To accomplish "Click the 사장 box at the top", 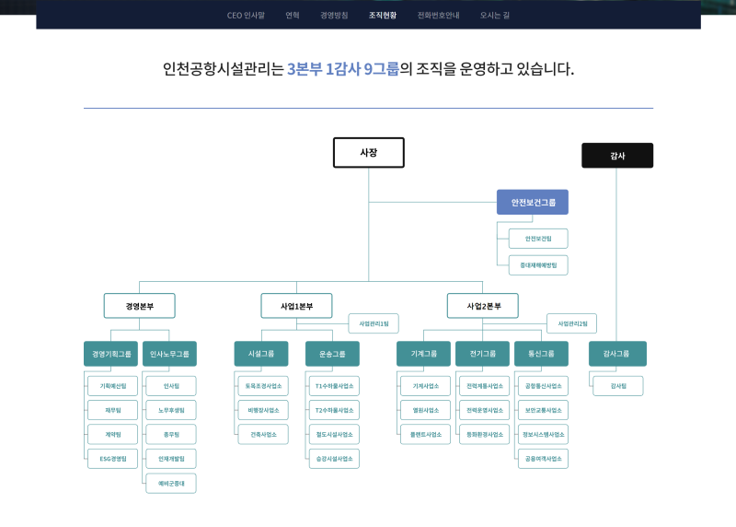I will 368,152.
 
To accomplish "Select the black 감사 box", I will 617,156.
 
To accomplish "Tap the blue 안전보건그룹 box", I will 533,202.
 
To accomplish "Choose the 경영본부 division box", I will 140,306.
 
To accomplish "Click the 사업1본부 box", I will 296,306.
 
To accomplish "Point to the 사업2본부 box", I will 483,306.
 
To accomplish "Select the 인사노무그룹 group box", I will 169,354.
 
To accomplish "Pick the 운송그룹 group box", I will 332,354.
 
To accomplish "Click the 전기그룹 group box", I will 482,354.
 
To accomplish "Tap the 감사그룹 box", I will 617,354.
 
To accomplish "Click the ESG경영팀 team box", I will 112,458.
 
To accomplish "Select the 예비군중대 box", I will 171,483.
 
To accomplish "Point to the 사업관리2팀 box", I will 572,323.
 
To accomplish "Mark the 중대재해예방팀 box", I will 539,265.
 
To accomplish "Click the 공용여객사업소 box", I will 543,458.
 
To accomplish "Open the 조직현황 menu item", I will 383,15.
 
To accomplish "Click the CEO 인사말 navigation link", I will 247,15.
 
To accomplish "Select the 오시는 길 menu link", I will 494,15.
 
